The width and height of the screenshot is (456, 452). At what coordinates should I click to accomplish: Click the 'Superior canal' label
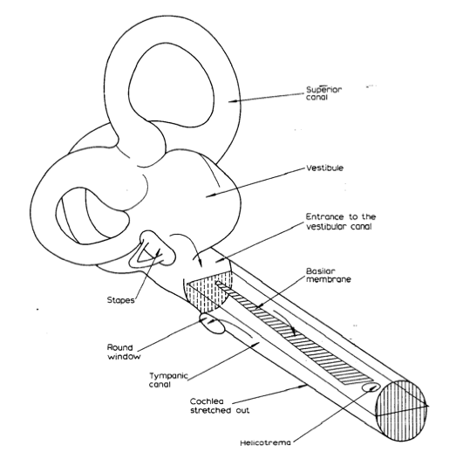coord(323,93)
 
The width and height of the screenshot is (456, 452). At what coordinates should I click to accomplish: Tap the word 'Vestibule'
coord(324,168)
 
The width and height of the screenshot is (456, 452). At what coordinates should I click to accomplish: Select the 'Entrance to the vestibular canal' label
coord(341,222)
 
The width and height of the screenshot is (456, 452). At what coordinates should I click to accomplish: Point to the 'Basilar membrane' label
coord(329,275)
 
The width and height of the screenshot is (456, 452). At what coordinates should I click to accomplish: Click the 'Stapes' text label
coord(120,300)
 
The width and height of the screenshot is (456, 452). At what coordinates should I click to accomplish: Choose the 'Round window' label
coord(124,352)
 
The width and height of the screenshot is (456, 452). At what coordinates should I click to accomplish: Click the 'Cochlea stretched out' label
coord(220,406)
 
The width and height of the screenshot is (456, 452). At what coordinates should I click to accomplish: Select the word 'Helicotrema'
coord(265,443)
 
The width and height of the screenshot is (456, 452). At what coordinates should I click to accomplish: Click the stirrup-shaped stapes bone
coord(154,250)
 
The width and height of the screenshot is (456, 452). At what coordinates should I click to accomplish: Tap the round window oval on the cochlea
coord(212,323)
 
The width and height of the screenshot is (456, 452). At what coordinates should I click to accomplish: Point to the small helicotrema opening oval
coord(371,387)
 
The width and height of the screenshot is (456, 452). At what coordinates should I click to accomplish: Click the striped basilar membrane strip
coord(295,332)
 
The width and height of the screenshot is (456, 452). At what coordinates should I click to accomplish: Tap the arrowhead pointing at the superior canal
coord(231,101)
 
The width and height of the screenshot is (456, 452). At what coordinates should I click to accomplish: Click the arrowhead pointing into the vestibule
coord(208,196)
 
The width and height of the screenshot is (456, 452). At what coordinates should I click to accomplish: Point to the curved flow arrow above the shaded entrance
coord(189,243)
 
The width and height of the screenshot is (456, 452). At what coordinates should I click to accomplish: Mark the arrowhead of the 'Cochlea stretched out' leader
coord(304,387)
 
